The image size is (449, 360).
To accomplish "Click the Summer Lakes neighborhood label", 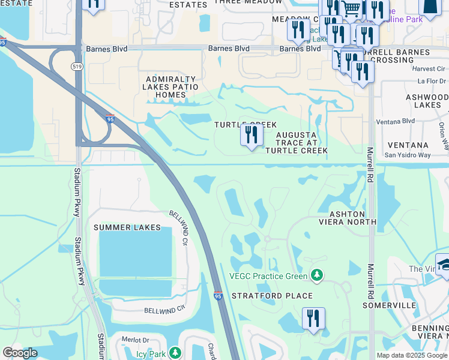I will (127, 227).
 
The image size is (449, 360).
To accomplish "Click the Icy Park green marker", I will (175, 353).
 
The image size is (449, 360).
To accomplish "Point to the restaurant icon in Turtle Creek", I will (252, 135).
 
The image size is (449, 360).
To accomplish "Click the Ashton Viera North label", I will (347, 218).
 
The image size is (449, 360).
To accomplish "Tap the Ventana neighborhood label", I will (408, 145).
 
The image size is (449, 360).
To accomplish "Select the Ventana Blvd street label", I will (400, 121).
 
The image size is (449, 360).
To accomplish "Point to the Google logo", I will (19, 353).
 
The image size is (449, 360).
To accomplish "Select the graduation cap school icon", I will (445, 265).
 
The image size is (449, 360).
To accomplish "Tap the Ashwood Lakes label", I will (423, 100).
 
